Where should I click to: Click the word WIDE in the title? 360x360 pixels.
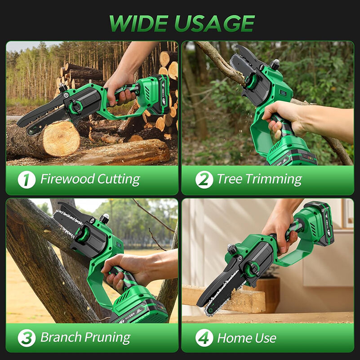coord(139,23)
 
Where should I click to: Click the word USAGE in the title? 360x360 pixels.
coord(215,23)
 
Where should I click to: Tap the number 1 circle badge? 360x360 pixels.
coord(27,179)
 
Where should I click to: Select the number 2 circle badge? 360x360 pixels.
coord(204,179)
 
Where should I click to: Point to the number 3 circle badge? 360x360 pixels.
coord(27,338)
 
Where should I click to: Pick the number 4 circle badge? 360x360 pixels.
coord(204,338)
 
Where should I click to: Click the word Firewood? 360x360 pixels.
coord(67,178)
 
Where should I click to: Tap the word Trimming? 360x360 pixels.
coord(274,179)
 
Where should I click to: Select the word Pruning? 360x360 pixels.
coord(108,338)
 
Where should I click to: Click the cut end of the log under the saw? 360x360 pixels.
coord(61,138)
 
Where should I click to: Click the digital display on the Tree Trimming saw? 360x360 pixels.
coord(283,93)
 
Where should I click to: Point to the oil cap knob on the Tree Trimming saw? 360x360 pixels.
coord(275,65)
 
